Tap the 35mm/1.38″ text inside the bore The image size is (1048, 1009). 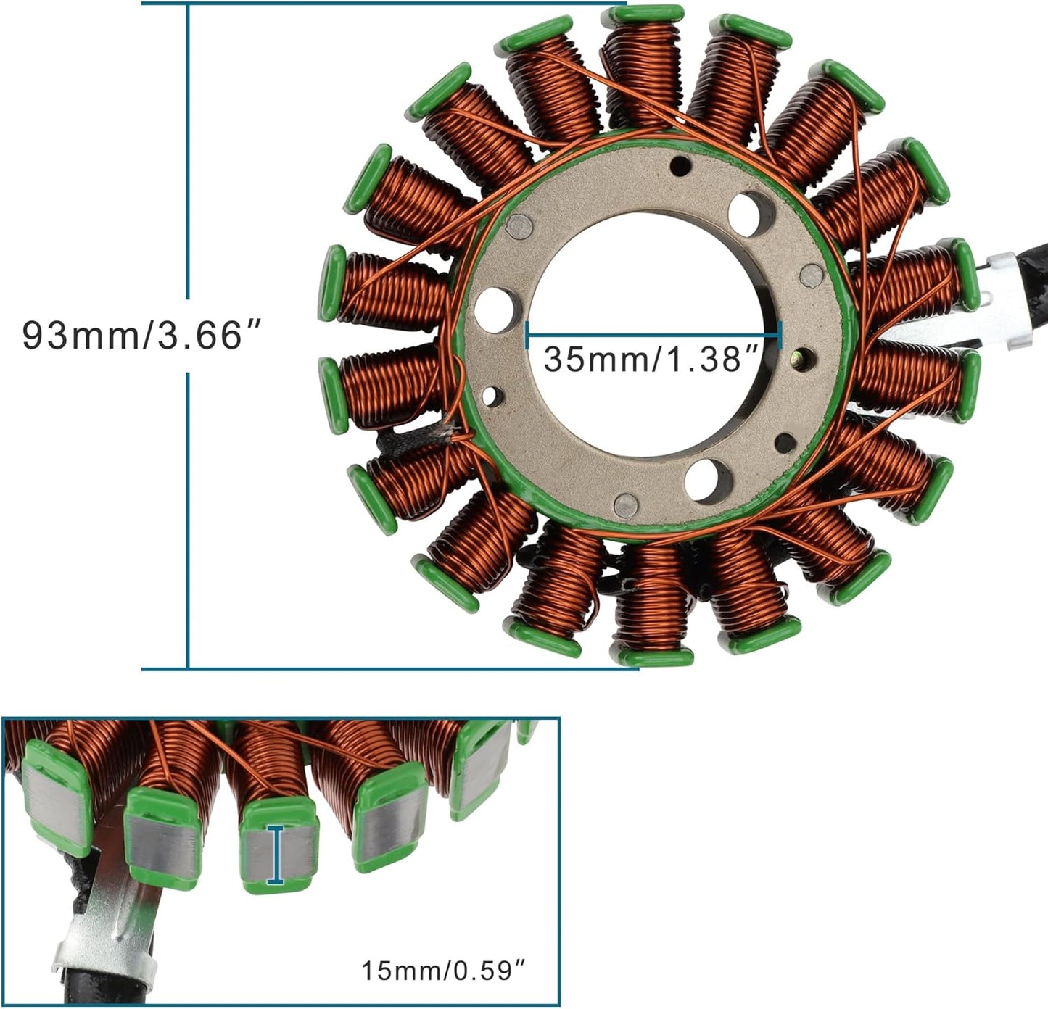651,359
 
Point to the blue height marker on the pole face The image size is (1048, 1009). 275,855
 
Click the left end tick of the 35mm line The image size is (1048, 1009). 527,336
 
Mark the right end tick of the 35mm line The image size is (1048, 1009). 780,336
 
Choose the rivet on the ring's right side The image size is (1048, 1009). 811,274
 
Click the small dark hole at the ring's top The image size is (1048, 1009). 681,166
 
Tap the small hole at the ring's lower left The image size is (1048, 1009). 493,396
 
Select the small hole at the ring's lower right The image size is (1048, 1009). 785,441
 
